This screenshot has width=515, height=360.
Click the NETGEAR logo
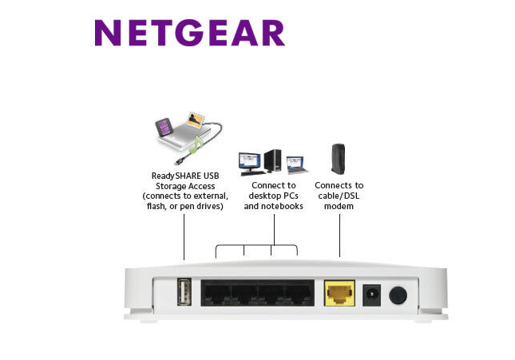tap(189, 33)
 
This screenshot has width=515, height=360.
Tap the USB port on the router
tap(184, 292)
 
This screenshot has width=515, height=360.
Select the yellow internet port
tap(340, 294)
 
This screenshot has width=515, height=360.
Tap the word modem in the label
tap(339, 206)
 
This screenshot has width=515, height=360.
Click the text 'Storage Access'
tap(184, 186)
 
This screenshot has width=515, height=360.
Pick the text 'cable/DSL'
tap(339, 196)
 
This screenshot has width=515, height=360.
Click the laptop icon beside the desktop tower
tap(296, 165)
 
